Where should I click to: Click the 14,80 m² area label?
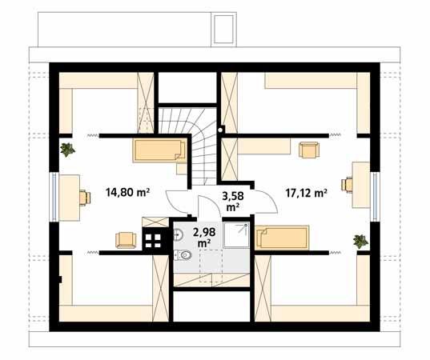(127, 192)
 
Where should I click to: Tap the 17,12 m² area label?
(306, 193)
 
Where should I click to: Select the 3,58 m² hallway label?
(233, 202)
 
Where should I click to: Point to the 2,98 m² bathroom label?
(204, 238)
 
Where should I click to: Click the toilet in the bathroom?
(183, 255)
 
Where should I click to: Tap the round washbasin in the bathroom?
(179, 235)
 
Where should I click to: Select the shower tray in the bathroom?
(236, 235)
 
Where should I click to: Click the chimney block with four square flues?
(153, 241)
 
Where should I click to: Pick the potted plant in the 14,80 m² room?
(67, 150)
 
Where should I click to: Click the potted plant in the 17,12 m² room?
(360, 242)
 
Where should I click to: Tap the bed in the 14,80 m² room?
(160, 150)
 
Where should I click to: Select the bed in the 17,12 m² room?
(282, 238)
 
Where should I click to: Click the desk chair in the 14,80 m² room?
(85, 198)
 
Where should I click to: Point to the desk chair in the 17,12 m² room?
(347, 185)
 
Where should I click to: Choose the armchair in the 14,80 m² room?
(126, 240)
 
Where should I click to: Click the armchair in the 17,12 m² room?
(309, 150)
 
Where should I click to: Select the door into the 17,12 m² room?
(270, 198)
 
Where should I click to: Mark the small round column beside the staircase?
(220, 130)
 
